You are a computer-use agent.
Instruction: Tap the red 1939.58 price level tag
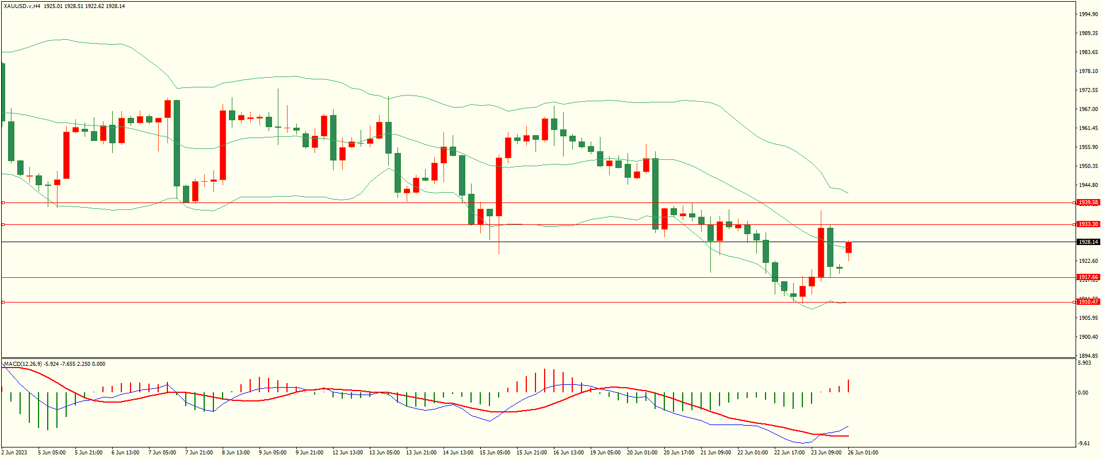coord(1088,202)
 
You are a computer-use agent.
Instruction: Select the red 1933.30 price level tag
coord(1088,224)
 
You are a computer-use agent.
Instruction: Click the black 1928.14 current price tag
coord(1088,242)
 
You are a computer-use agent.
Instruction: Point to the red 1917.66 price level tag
coord(1088,277)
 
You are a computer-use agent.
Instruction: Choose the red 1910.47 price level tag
coord(1088,302)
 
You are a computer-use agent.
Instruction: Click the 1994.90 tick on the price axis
coord(1088,14)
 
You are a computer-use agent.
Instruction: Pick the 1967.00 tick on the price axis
coord(1088,109)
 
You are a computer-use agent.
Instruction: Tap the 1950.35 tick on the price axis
coord(1088,166)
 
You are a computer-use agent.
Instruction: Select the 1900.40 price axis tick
coord(1088,337)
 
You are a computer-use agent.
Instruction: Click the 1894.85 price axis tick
coord(1088,356)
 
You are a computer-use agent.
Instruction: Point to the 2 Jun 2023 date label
coord(14,453)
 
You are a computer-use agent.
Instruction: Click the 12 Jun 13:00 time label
coord(347,453)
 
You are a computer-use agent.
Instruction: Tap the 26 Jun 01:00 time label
coord(863,453)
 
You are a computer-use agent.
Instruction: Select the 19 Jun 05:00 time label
coord(605,453)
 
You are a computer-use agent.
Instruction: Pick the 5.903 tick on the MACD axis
coord(1084,363)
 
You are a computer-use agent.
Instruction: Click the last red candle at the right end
coord(848,247)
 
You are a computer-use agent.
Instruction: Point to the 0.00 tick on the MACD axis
coord(1083,393)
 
